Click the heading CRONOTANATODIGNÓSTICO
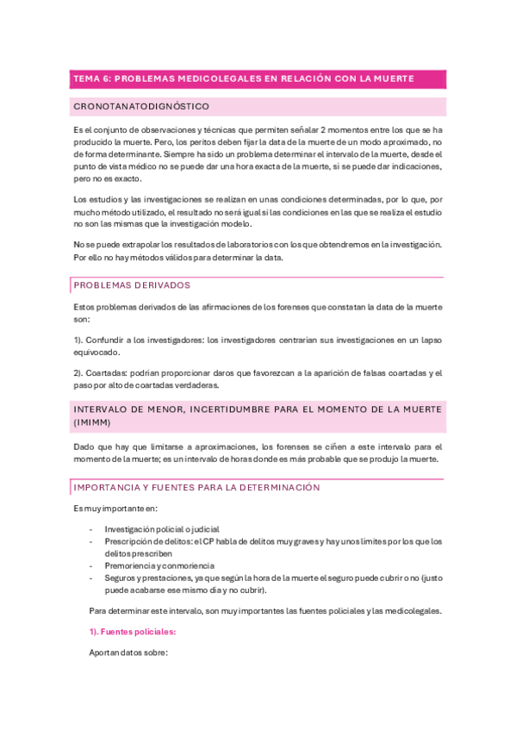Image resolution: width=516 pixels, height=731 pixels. (x=142, y=106)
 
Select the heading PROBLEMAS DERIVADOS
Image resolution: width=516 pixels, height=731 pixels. (x=132, y=284)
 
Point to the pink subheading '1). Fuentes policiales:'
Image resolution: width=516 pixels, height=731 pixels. (x=133, y=632)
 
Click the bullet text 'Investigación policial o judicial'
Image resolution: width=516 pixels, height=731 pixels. (x=162, y=529)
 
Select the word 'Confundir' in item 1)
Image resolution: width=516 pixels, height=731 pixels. (x=109, y=340)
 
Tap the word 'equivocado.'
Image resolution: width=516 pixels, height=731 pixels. (x=97, y=352)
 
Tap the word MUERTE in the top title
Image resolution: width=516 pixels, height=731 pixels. (x=393, y=78)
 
